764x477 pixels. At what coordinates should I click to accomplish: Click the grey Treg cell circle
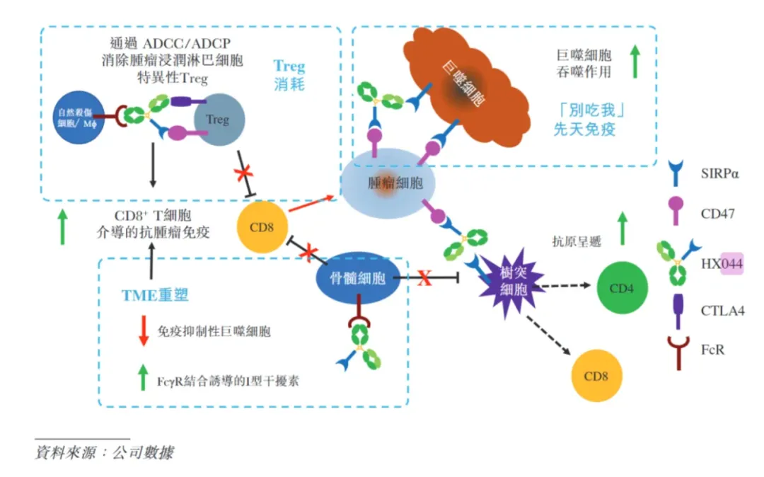(x=218, y=120)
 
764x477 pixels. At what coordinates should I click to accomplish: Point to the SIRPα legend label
(x=719, y=174)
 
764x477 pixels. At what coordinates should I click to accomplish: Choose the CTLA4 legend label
(x=721, y=310)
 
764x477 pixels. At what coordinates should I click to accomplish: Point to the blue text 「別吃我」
(x=592, y=111)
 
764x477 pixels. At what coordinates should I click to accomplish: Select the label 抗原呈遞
(x=577, y=241)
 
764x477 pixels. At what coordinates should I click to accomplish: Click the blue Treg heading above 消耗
(x=289, y=67)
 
